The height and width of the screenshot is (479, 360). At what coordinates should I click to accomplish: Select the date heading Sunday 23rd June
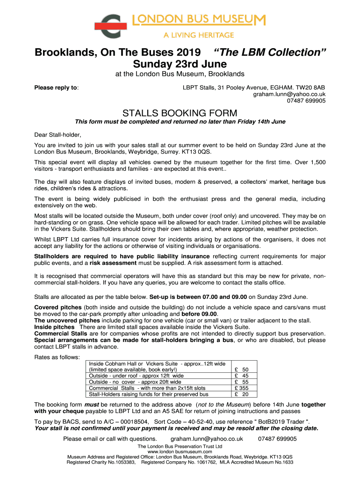[x=180, y=64]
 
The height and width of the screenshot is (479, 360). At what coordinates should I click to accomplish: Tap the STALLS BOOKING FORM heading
[x=180, y=113]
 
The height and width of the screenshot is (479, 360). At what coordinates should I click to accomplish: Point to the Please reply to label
[x=57, y=87]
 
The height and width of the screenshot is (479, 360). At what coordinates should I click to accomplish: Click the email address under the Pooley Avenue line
[x=289, y=94]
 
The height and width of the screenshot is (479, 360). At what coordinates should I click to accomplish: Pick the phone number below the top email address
[x=306, y=101]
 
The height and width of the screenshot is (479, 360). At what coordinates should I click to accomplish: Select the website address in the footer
[x=180, y=452]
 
